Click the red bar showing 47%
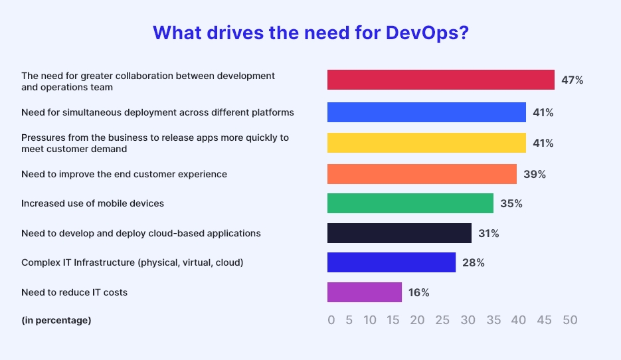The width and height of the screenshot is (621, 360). point(440,80)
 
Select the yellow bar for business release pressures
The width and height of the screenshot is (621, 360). point(426,143)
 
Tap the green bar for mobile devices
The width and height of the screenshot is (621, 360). point(410,203)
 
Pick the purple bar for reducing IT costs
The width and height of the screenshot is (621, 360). point(365,292)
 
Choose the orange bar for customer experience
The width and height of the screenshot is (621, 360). point(422,174)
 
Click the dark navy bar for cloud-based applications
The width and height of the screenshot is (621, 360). point(399,233)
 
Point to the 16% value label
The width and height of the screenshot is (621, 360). point(418,292)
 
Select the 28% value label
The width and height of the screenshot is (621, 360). point(473,262)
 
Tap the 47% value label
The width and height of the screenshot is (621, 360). point(572,80)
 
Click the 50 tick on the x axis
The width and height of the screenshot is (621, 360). point(570,320)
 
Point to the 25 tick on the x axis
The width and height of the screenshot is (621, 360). point(442,320)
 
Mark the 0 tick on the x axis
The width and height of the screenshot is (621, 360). point(331,320)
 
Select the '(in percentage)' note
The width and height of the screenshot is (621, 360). point(56,320)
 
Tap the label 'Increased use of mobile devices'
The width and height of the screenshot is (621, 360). point(92,203)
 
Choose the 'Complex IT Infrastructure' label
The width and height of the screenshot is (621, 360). point(132,262)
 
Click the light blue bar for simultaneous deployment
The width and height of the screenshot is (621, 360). point(426,112)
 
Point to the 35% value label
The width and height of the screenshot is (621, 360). point(511,203)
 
